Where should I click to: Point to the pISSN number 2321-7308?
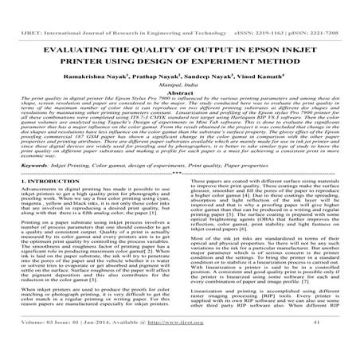[329, 10]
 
